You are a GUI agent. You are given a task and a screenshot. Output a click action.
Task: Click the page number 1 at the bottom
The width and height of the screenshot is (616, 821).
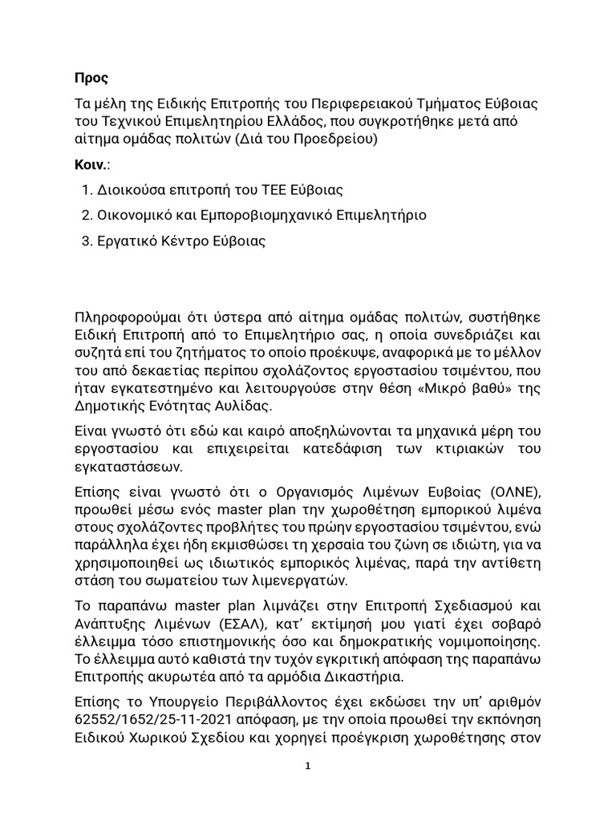[308, 766]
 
